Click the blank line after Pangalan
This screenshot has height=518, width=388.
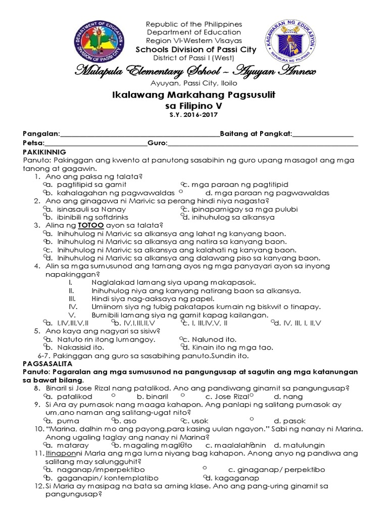pos(139,135)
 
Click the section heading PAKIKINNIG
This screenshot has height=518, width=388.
pos(48,152)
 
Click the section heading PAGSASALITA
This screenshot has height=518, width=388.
pos(48,363)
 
